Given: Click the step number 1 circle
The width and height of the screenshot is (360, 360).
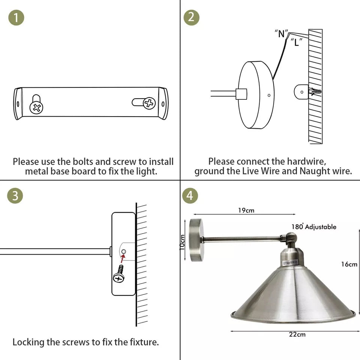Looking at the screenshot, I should click(16, 18).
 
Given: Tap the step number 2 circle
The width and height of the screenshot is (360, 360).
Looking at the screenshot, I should click(191, 18).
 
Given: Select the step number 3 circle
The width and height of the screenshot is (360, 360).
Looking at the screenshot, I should click(15, 196).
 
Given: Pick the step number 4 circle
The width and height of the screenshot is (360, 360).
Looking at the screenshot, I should click(190, 196).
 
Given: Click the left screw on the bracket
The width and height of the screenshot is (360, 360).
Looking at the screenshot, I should click(36, 108).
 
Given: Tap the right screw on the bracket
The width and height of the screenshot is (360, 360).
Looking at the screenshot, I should click(149, 103).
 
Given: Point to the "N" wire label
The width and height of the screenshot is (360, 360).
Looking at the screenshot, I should click(281, 34).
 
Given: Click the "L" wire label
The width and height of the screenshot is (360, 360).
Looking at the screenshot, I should click(296, 42).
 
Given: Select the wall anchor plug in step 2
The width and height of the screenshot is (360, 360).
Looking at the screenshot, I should click(314, 91).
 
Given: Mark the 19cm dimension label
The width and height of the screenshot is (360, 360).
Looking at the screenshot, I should click(246, 210).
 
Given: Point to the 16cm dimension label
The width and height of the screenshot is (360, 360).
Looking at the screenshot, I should click(349, 264).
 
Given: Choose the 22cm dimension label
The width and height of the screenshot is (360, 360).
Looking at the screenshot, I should click(297, 334).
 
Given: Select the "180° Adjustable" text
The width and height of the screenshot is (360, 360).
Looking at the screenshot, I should click(314, 227).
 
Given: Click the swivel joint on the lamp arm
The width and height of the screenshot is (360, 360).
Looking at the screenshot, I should click(291, 238).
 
